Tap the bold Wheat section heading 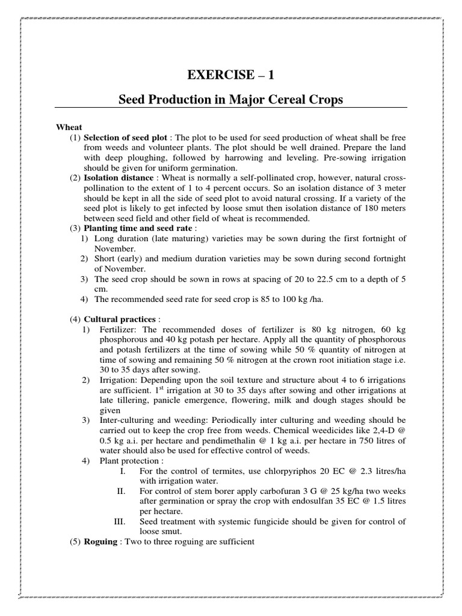click(69, 128)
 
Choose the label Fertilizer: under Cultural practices click(119, 329)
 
